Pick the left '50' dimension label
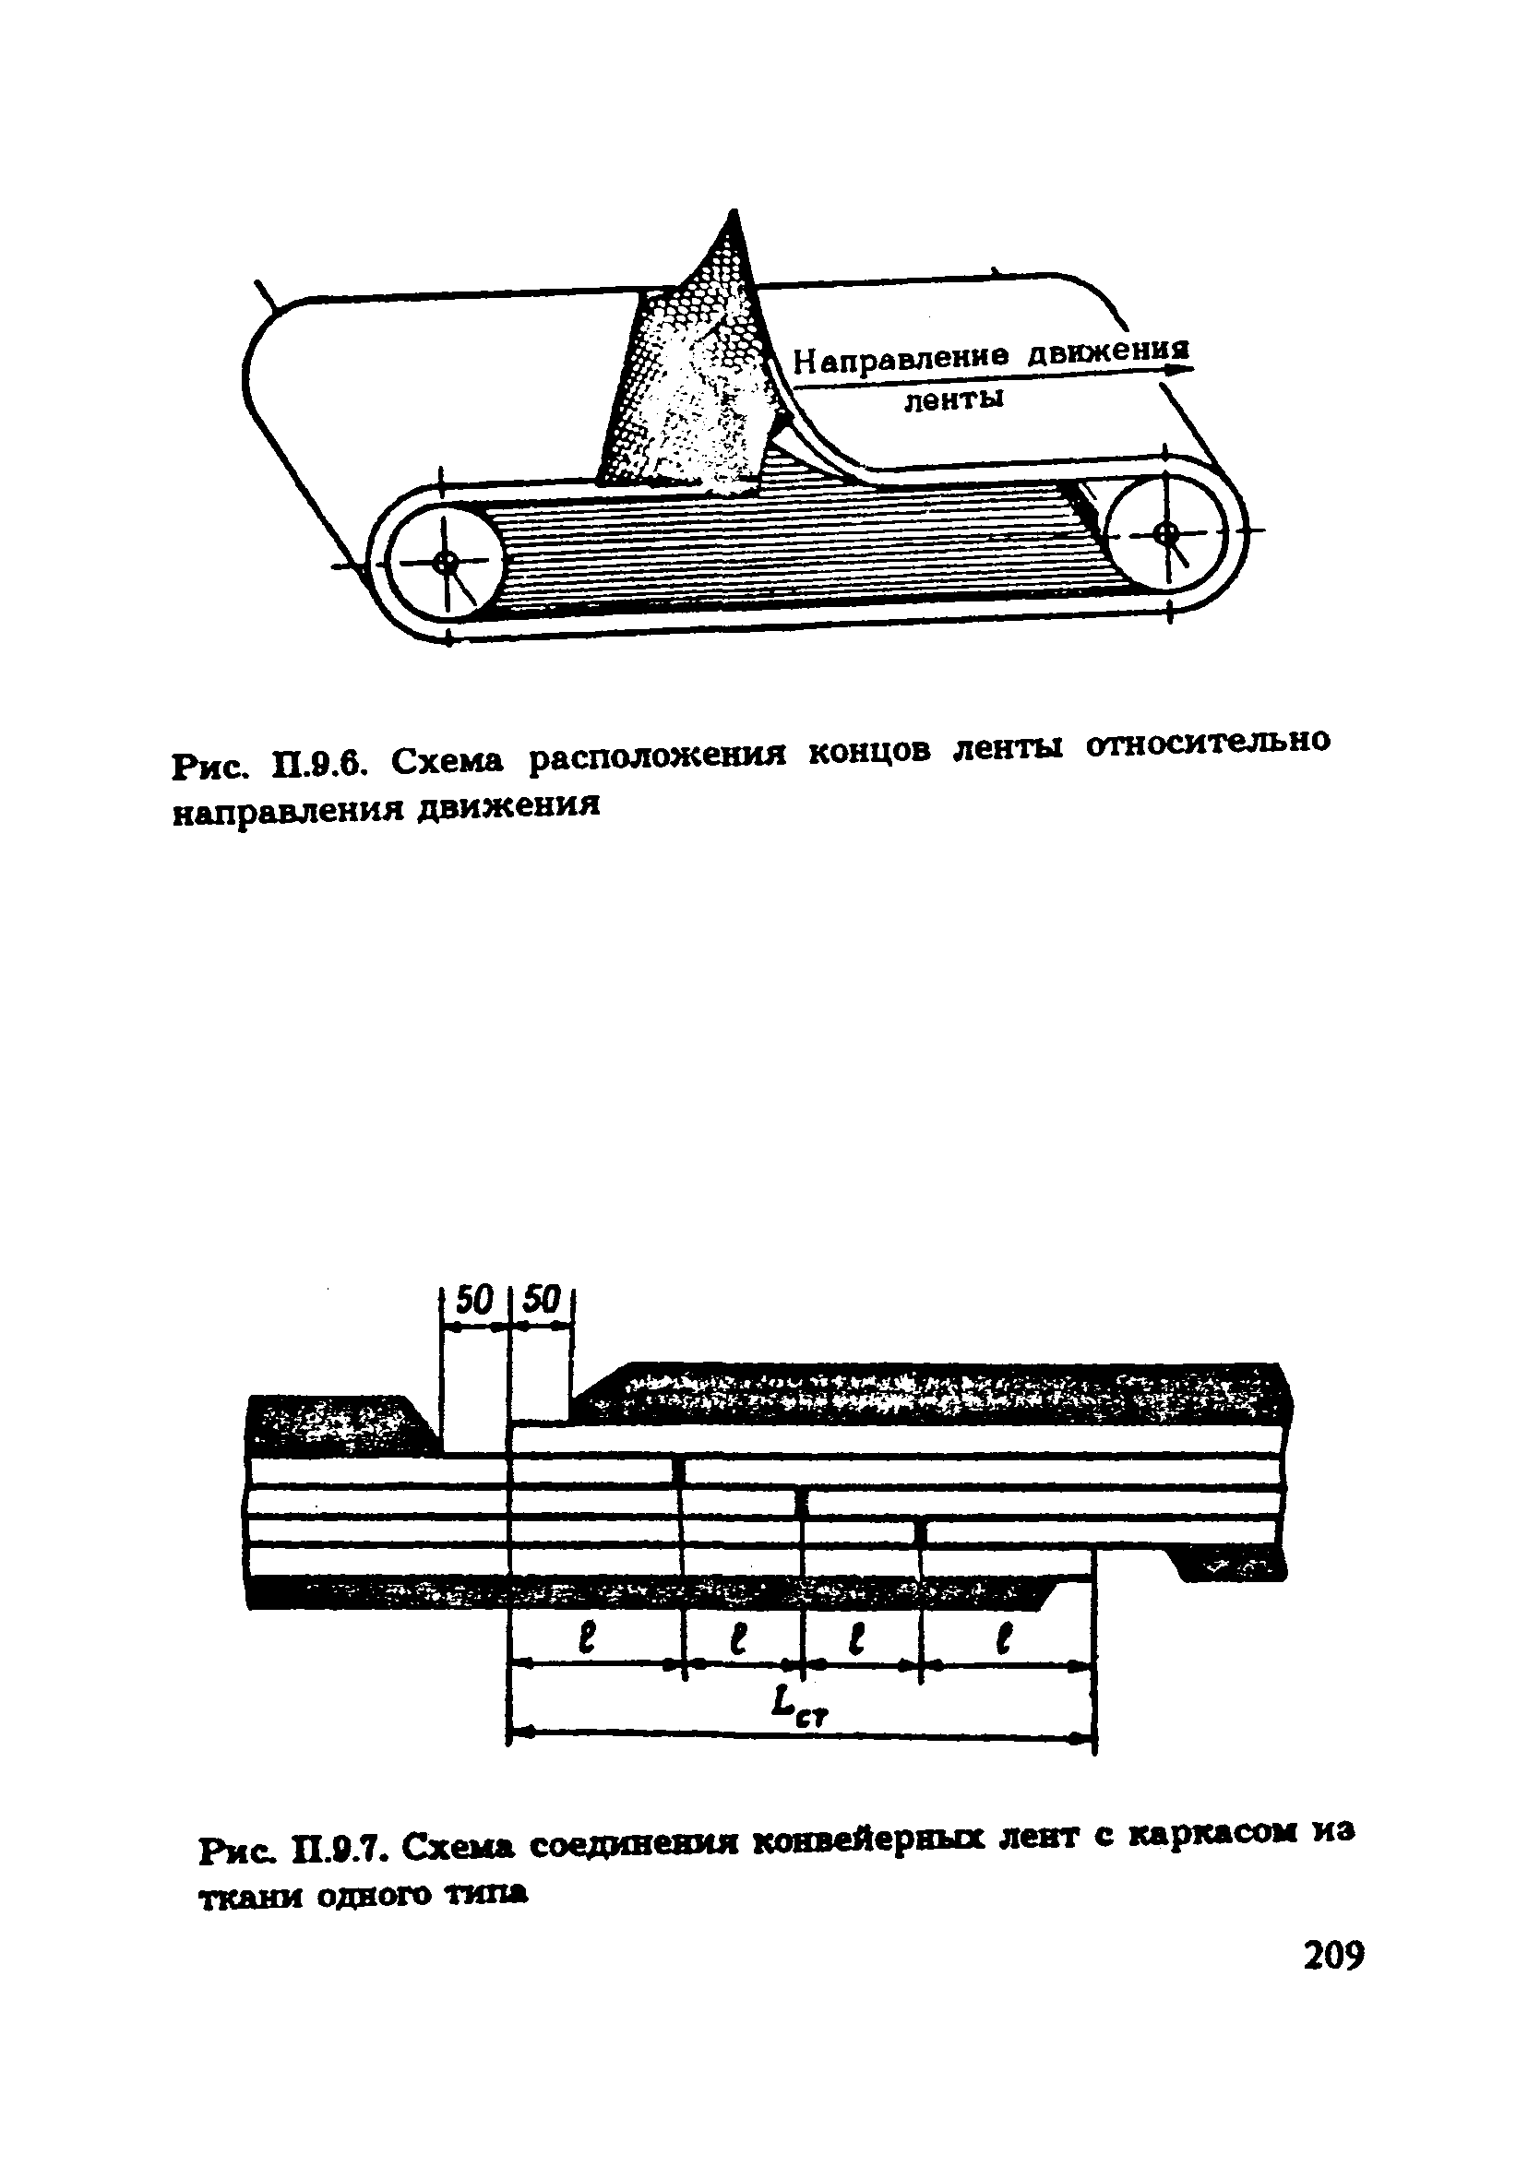pyautogui.click(x=474, y=1299)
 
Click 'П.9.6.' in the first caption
pyautogui.click(x=318, y=763)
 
